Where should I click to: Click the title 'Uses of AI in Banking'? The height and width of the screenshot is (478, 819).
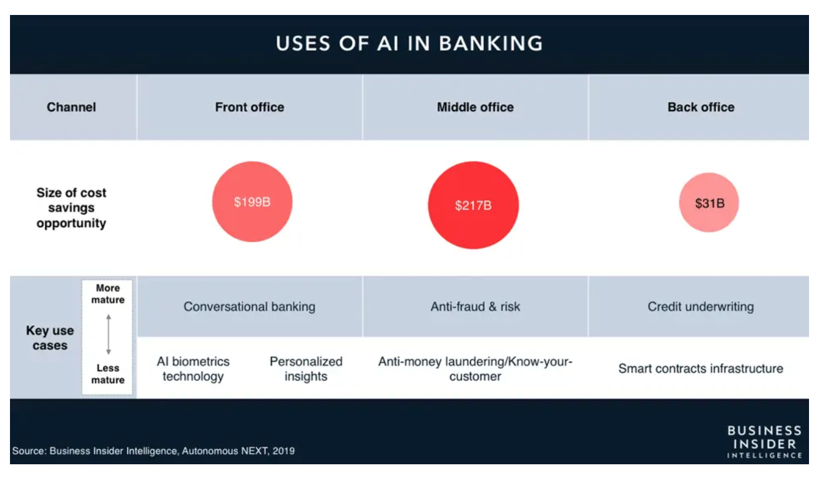(x=409, y=44)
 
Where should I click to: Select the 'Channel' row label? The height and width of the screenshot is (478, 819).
(x=71, y=107)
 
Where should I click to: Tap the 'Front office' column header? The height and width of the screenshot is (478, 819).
(x=250, y=107)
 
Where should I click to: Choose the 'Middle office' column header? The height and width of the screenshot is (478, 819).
(x=475, y=107)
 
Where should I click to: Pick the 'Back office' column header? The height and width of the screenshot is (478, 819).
(x=701, y=107)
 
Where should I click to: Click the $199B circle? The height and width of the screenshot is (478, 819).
(x=252, y=202)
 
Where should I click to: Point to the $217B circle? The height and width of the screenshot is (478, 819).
(x=473, y=205)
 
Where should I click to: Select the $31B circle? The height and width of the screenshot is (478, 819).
(x=709, y=203)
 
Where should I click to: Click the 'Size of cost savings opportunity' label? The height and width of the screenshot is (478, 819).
(x=71, y=208)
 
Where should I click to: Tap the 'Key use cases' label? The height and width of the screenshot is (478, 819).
(x=50, y=338)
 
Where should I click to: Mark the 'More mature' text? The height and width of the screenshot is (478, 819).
(x=108, y=294)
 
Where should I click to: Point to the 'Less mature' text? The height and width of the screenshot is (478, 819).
(x=108, y=374)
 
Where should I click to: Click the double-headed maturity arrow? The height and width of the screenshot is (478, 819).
(x=108, y=334)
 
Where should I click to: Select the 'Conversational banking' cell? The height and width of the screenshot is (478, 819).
(x=250, y=306)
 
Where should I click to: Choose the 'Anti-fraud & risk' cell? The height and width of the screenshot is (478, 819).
(x=475, y=306)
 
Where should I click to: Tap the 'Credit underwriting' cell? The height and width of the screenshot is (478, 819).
(x=700, y=306)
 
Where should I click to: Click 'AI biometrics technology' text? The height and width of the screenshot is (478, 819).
(x=193, y=369)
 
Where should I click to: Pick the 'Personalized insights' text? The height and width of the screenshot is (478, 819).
(x=306, y=369)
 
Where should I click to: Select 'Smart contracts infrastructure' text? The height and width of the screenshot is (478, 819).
(x=700, y=368)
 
